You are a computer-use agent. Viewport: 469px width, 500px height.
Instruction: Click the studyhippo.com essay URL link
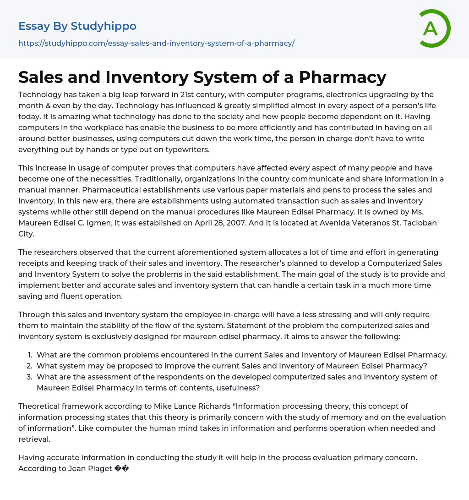[x=156, y=43]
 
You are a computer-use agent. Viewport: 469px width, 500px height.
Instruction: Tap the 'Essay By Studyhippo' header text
[x=77, y=26]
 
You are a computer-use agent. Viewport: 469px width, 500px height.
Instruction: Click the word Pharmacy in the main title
[x=343, y=77]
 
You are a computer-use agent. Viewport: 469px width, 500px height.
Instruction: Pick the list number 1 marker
[x=30, y=355]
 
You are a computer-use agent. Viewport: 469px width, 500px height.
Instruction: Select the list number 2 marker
[x=29, y=366]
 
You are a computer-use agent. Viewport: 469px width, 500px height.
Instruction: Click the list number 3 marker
[x=29, y=377]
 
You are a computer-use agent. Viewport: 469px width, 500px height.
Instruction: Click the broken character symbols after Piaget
[x=122, y=468]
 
